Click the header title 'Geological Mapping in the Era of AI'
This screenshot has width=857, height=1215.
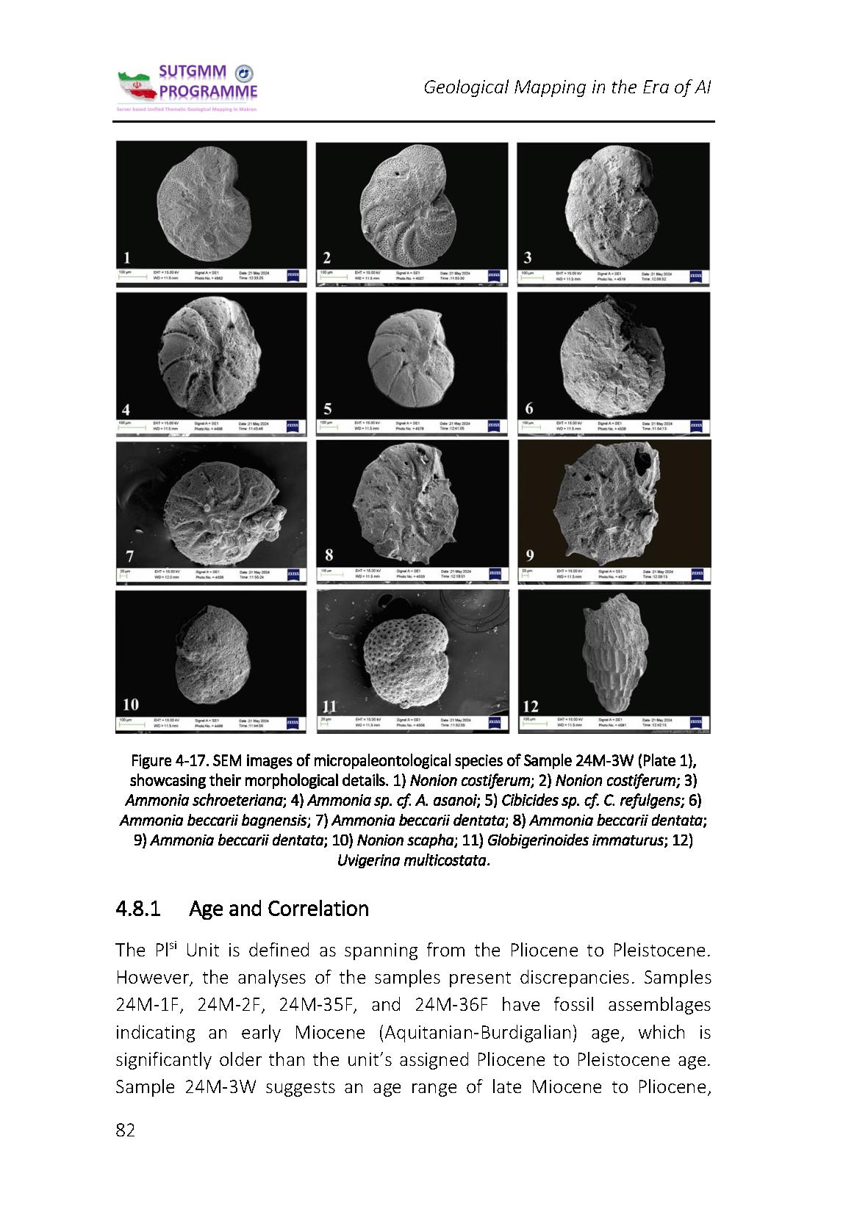point(567,87)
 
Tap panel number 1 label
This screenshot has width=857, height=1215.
point(128,257)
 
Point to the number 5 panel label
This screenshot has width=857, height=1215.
point(328,408)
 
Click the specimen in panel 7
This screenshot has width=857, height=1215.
point(213,507)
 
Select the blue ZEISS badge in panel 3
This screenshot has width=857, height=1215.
point(695,276)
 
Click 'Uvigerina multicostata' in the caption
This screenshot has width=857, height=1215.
point(412,859)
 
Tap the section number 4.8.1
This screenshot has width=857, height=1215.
point(137,909)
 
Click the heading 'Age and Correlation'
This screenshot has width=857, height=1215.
point(279,909)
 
